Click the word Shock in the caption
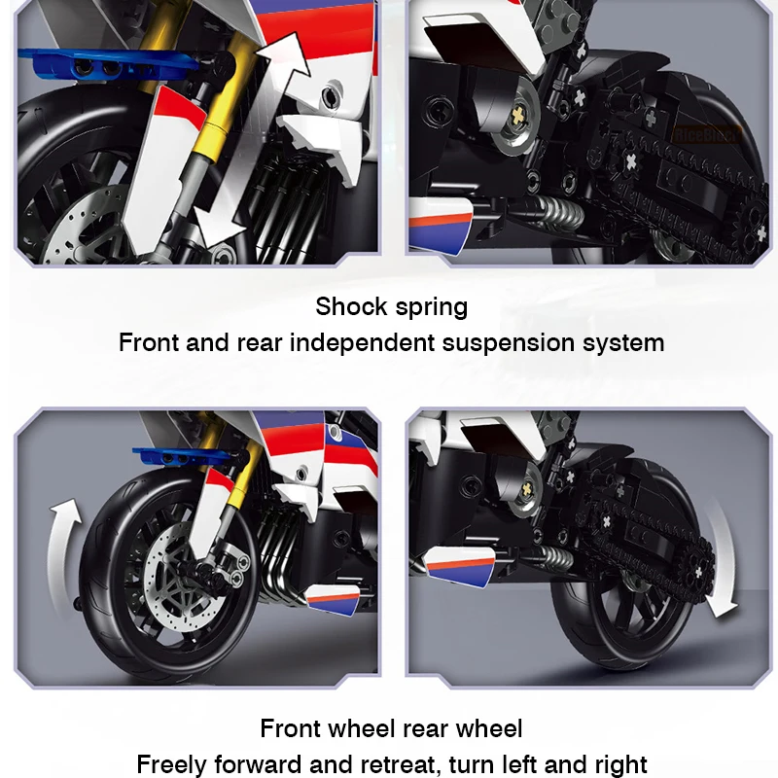click(x=352, y=306)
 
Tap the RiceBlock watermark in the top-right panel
click(x=706, y=134)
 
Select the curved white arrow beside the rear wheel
click(x=722, y=561)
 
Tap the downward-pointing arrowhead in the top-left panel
click(x=217, y=226)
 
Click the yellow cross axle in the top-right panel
click(x=517, y=117)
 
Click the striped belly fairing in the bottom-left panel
click(x=334, y=600)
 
